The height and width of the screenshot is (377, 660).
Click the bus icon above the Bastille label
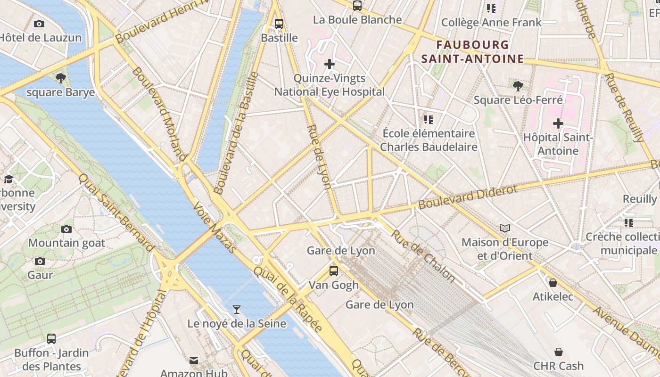coord(279,24)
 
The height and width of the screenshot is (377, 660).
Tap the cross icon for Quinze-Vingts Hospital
coord(330,64)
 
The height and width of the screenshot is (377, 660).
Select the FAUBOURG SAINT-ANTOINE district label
coord(472,52)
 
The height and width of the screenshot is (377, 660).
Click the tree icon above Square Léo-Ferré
coord(518,86)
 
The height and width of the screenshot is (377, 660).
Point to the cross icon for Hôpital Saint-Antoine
coord(558,123)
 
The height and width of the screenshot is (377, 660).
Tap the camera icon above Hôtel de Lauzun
coord(39,24)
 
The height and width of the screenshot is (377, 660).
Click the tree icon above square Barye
coord(60,78)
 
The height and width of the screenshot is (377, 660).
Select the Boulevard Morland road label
coord(158,113)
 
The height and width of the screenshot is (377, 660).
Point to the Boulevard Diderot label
coord(468,197)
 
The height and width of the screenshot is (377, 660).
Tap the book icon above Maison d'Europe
coord(505,229)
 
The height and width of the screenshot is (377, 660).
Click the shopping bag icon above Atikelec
coord(553,283)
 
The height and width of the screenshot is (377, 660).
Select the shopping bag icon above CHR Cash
coord(559,352)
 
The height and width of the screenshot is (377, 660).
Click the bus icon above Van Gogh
coord(334,271)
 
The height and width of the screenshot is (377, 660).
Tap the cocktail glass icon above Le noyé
coord(237,310)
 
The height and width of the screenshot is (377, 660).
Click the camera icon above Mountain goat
coord(66,229)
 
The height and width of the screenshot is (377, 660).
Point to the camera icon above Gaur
coord(40,261)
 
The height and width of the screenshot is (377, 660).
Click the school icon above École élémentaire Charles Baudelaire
coord(428,120)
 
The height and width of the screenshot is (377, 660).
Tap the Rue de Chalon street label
coord(423,257)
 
